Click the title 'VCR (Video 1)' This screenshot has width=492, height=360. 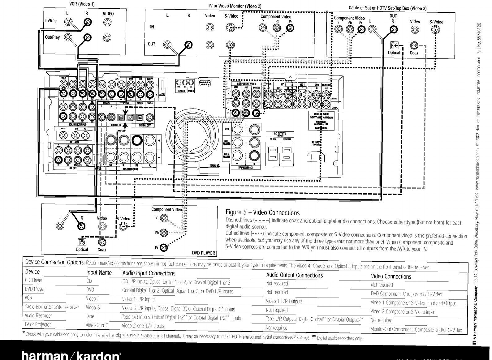[82, 4]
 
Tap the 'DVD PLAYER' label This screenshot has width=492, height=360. [203, 253]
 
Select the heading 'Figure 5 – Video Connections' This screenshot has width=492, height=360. [262, 212]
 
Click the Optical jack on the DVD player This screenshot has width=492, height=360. [82, 242]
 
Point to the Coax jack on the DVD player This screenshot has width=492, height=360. [102, 242]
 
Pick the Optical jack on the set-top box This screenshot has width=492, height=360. [394, 46]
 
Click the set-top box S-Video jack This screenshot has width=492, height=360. [435, 30]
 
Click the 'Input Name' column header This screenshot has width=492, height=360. [99, 272]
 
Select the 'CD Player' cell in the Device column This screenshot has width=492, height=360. [33, 281]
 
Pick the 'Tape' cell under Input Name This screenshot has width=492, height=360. [90, 316]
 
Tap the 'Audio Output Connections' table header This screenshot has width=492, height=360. [294, 275]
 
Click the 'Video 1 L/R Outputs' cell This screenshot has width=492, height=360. [284, 301]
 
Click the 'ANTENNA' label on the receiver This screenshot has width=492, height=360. [73, 142]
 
